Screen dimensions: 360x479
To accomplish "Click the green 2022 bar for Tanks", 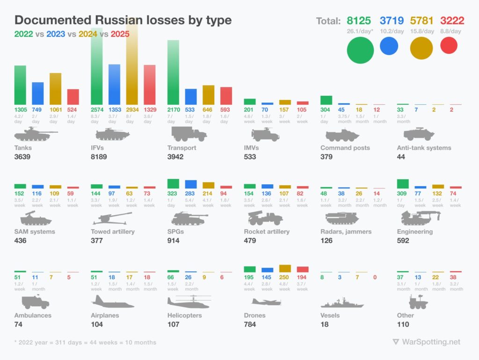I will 20,85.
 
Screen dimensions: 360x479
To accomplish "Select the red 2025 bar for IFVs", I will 149,85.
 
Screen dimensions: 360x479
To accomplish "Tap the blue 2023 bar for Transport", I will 191,97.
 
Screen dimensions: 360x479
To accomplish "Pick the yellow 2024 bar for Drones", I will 285,268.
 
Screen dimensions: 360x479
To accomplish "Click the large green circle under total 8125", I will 360,50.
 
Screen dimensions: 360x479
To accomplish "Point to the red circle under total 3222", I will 449,45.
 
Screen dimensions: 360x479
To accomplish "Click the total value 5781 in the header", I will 421,21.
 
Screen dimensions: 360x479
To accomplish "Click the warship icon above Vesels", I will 342,302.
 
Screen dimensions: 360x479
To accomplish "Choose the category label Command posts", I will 345,148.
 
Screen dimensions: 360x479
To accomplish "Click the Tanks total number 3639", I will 22,157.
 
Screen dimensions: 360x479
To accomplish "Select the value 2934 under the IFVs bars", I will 132,109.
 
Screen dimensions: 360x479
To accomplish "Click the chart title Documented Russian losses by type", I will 123,21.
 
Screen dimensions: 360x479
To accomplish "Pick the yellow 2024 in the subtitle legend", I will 88,34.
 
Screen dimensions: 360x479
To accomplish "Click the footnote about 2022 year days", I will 85,342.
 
